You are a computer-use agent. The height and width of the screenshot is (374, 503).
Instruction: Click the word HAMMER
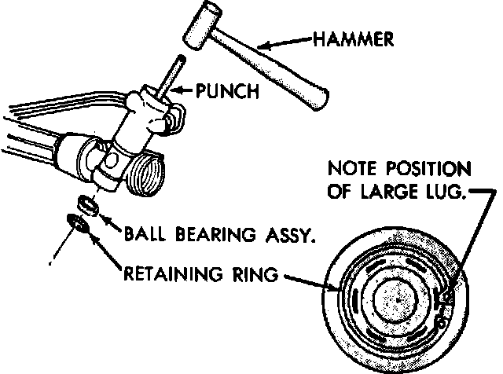[354, 38]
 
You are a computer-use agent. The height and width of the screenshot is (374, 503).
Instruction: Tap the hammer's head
[201, 28]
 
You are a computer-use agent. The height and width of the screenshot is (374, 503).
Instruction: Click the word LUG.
[442, 192]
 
